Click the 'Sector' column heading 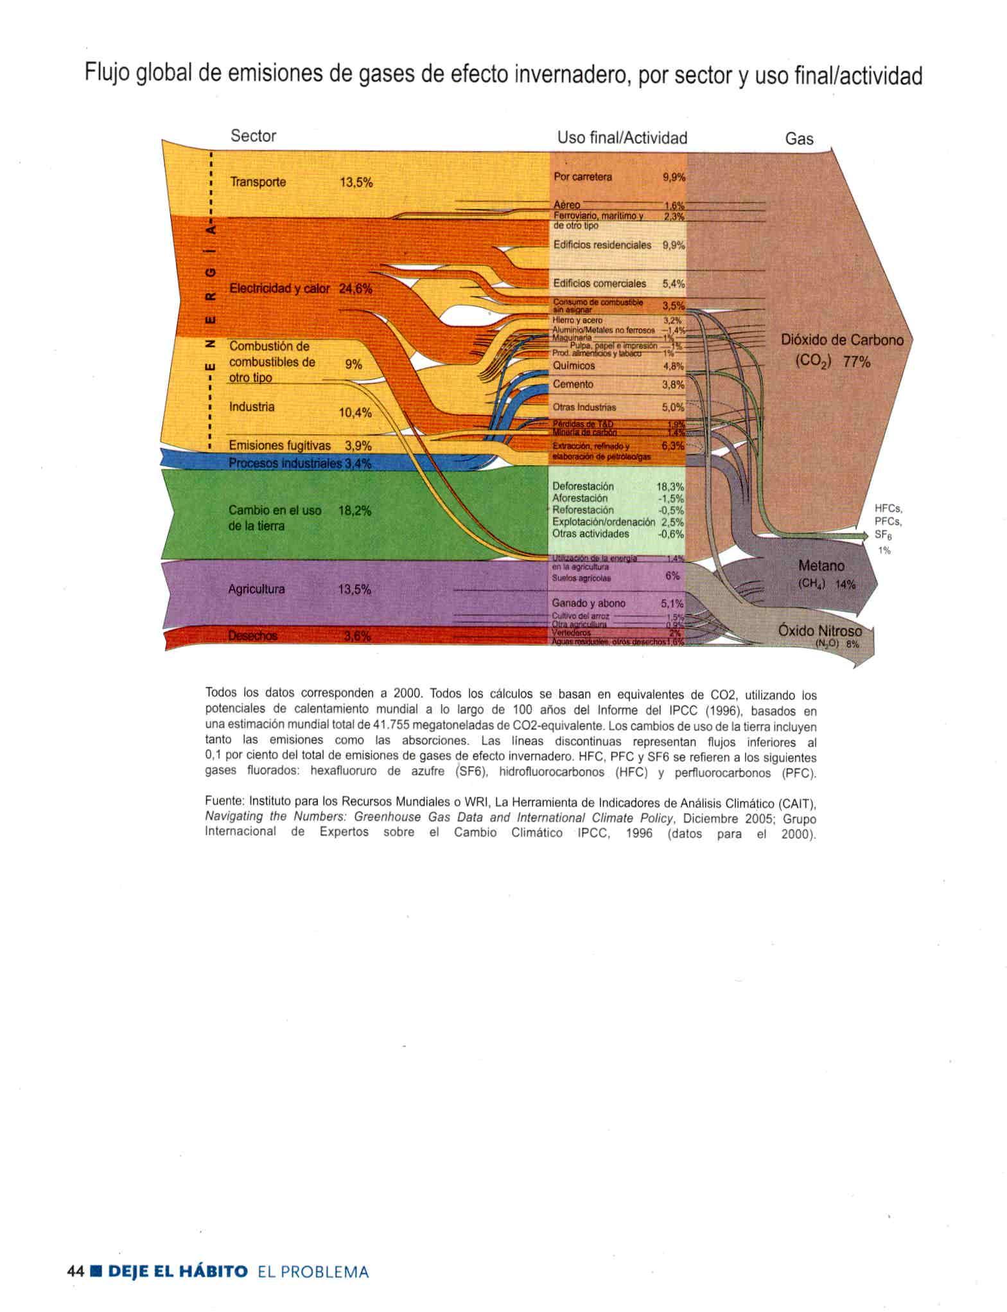coord(253,136)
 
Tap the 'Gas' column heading coord(799,139)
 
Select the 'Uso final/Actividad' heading coord(622,138)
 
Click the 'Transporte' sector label coord(258,182)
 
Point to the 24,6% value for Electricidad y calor coord(355,289)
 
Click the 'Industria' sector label coord(252,407)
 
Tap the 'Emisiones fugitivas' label coord(279,445)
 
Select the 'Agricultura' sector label coord(256,589)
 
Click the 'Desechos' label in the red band coord(252,636)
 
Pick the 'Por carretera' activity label coord(582,177)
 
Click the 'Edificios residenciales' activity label coord(602,245)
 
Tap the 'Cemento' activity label coord(573,384)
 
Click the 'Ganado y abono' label coord(588,603)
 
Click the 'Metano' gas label coord(821,566)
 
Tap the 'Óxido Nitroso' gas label coord(819,630)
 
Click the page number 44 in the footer coord(75,1272)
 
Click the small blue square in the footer coord(96,1272)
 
